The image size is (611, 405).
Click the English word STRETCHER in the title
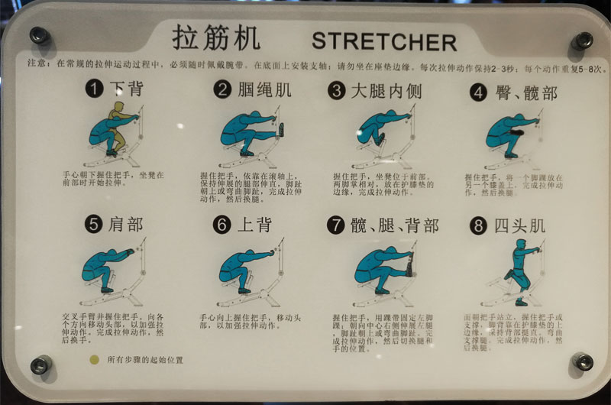383,40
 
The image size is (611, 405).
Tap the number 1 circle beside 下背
94,89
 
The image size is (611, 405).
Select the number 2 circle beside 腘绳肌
222,89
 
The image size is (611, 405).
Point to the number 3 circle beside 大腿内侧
337,90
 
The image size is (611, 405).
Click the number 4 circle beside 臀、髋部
479,92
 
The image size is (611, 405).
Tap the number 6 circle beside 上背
222,225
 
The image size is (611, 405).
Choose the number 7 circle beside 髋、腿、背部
336,225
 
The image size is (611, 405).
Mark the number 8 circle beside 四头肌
479,225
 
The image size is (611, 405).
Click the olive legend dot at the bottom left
94,358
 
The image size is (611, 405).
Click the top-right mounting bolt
583,40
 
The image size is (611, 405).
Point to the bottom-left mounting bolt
40,365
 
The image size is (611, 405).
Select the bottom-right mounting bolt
582,361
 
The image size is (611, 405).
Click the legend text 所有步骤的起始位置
145,358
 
